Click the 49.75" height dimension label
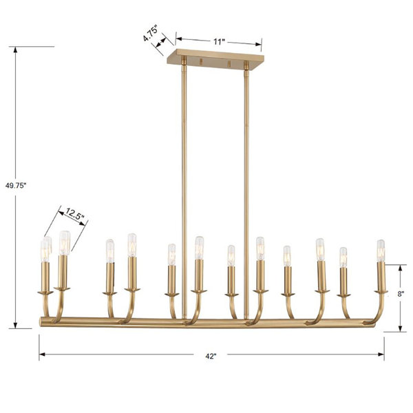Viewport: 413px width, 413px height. tap(16, 186)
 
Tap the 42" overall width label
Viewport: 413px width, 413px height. tap(211, 357)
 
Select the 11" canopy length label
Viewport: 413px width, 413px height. tap(219, 42)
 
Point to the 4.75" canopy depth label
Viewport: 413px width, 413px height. tap(150, 34)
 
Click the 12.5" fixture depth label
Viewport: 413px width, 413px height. tap(75, 213)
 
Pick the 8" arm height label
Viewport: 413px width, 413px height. tap(401, 294)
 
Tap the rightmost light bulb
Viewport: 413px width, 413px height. tap(381, 251)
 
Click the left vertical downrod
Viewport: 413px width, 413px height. tap(184, 190)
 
